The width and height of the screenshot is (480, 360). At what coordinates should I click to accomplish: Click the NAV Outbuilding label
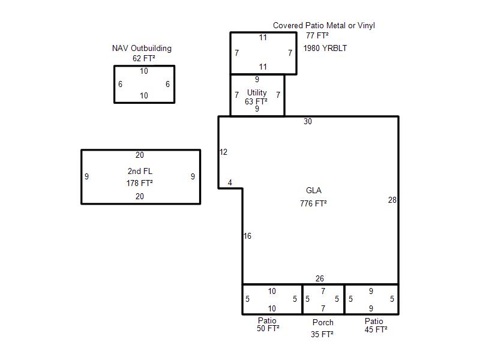142,49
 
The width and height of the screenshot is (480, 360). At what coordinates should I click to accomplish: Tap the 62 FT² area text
143,58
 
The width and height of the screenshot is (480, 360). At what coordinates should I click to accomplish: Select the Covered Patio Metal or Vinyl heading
324,25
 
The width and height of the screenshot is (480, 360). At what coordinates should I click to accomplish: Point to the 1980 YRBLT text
325,48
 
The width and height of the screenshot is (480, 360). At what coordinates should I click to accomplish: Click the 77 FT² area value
317,35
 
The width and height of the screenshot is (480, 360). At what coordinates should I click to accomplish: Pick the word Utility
257,92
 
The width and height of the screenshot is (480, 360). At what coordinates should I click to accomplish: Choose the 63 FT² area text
256,101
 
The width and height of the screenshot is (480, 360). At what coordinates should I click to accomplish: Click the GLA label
314,190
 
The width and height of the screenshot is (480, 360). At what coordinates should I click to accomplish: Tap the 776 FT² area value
313,203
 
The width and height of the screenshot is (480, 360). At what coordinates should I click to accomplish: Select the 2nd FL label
140,171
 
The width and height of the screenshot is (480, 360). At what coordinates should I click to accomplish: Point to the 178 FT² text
140,183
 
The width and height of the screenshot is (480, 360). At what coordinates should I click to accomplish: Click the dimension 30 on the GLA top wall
308,122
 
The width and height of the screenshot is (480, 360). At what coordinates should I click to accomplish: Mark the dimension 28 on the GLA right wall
392,200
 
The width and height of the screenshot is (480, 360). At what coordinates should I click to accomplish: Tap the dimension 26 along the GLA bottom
320,278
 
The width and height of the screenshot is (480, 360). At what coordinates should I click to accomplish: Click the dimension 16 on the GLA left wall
247,236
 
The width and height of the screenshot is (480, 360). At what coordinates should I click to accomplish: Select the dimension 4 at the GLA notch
230,183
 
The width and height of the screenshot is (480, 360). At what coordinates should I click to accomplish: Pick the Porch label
323,322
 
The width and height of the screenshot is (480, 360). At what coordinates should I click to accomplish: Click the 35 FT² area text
322,334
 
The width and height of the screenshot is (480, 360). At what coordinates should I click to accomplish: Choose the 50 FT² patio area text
268,328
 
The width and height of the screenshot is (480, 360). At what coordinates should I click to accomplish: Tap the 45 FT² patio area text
376,329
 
